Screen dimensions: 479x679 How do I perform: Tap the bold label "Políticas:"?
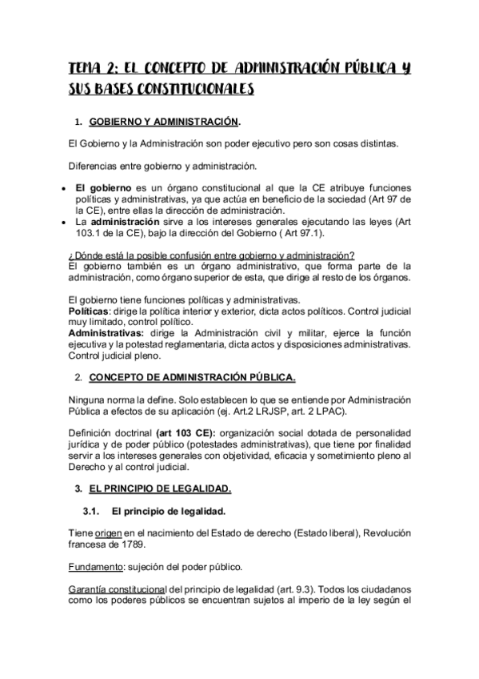90,309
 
